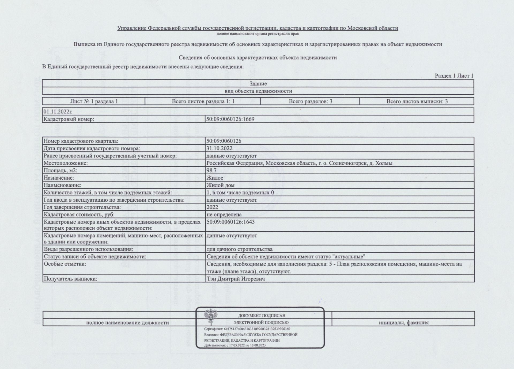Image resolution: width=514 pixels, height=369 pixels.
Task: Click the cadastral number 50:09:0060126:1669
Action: tap(230, 119)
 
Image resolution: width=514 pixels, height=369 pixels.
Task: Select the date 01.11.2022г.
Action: tap(58, 112)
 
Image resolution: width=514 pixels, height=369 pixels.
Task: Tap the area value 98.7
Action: tap(211, 170)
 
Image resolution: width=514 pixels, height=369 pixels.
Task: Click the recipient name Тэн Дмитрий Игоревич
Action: tap(236, 279)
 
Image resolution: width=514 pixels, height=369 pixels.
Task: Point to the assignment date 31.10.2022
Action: tap(219, 148)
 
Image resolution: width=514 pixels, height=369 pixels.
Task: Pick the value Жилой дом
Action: tap(220, 185)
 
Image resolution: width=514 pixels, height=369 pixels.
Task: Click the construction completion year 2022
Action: tap(212, 207)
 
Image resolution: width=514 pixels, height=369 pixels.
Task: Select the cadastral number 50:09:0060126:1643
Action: tap(230, 222)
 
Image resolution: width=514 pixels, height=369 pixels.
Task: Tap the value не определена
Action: tap(224, 214)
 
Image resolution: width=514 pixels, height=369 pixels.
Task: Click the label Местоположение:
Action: tap(66, 163)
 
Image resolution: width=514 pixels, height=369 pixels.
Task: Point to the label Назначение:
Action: tap(59, 178)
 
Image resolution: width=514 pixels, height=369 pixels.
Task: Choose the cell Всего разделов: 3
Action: tap(310, 101)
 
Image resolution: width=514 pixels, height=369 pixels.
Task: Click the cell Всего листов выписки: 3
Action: tap(417, 101)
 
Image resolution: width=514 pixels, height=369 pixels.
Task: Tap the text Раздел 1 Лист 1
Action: tap(454, 76)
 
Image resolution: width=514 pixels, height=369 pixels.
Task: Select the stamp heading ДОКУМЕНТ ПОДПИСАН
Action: tap(262, 316)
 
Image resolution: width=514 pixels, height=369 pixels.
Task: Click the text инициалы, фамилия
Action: tap(403, 323)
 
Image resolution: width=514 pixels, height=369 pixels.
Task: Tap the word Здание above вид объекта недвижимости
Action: tap(258, 84)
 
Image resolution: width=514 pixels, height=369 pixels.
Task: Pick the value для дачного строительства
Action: tap(240, 249)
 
